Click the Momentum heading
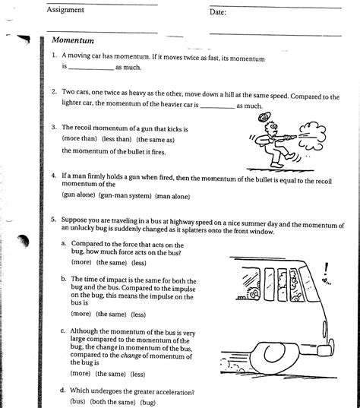73,40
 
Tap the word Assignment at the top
65,10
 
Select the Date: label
218,12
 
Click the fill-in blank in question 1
91,69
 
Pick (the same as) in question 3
155,140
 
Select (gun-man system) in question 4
125,196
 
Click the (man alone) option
172,196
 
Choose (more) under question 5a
81,262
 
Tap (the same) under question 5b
111,314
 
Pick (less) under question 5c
137,374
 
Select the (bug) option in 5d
148,402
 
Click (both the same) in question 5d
112,402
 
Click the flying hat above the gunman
264,116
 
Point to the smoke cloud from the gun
312,136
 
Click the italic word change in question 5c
131,355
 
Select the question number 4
54,176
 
